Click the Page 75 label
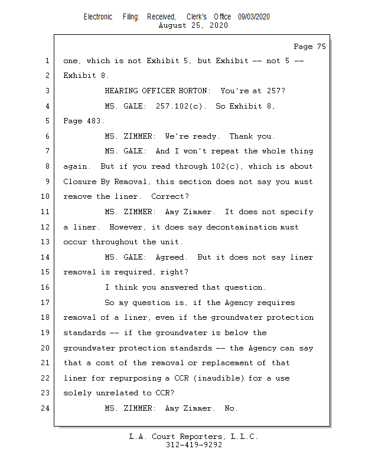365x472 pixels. tap(309, 47)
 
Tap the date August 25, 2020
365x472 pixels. tap(194, 25)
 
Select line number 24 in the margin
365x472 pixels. tap(47, 408)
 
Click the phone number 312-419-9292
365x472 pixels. tap(194, 445)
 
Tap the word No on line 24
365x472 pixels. tap(231, 408)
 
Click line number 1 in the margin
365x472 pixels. tap(47, 61)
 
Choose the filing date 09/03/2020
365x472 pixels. tap(254, 17)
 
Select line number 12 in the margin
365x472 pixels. tap(47, 227)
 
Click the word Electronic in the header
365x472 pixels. tap(98, 17)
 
